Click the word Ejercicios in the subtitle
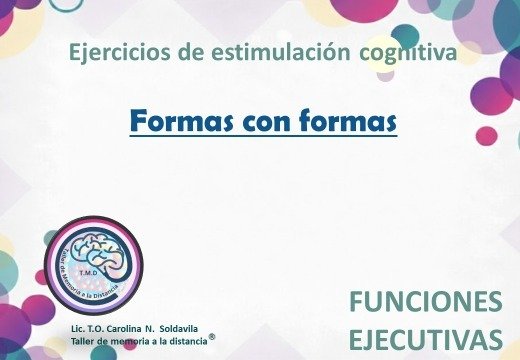tap(113, 51)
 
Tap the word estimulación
tap(248, 51)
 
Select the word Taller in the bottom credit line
tap(83, 341)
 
